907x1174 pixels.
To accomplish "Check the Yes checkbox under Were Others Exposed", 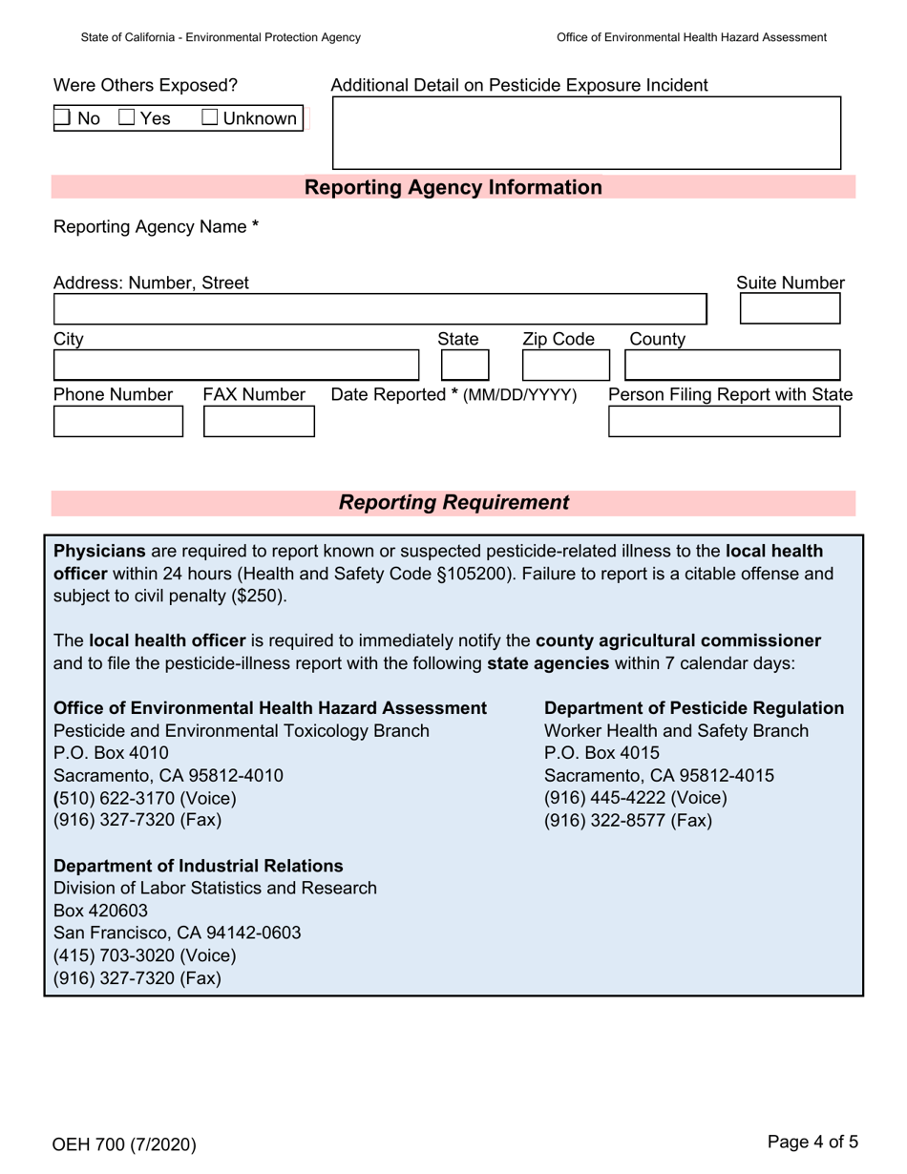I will [127, 118].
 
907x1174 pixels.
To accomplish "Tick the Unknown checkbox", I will [211, 118].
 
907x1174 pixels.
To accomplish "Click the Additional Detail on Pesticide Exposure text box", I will [585, 133].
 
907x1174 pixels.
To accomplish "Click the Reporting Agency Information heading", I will [453, 187].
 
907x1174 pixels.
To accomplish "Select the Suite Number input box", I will [790, 309].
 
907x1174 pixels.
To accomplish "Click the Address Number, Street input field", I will [379, 309].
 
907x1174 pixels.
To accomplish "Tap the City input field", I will [235, 366].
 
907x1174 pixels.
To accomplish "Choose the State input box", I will [465, 366].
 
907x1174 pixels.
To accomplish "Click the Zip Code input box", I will [558, 366].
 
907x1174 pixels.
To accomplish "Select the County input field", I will [731, 366].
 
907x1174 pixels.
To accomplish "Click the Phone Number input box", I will [117, 421].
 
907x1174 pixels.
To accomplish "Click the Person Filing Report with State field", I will [724, 421].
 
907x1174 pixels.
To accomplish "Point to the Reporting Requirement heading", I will [453, 503].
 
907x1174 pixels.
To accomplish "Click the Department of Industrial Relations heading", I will [199, 866].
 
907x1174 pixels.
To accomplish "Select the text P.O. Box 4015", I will [601, 753].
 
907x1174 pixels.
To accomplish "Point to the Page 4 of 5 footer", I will [812, 1141].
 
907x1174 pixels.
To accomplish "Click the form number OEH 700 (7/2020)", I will [125, 1143].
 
